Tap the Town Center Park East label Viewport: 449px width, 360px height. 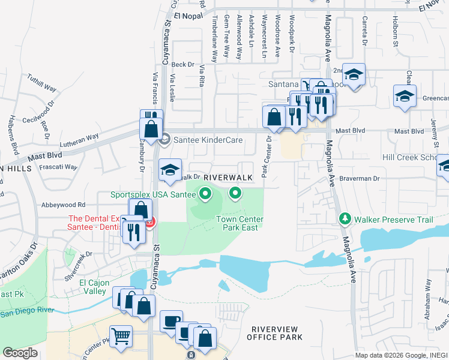(240, 224)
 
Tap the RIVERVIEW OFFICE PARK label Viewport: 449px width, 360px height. (277, 333)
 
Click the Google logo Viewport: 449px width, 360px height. (20, 353)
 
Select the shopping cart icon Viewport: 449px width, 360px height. (121, 337)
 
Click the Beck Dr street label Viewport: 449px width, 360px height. (183, 64)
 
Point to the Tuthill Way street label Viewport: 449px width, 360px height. (41, 83)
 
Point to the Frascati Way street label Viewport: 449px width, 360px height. (59, 167)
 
